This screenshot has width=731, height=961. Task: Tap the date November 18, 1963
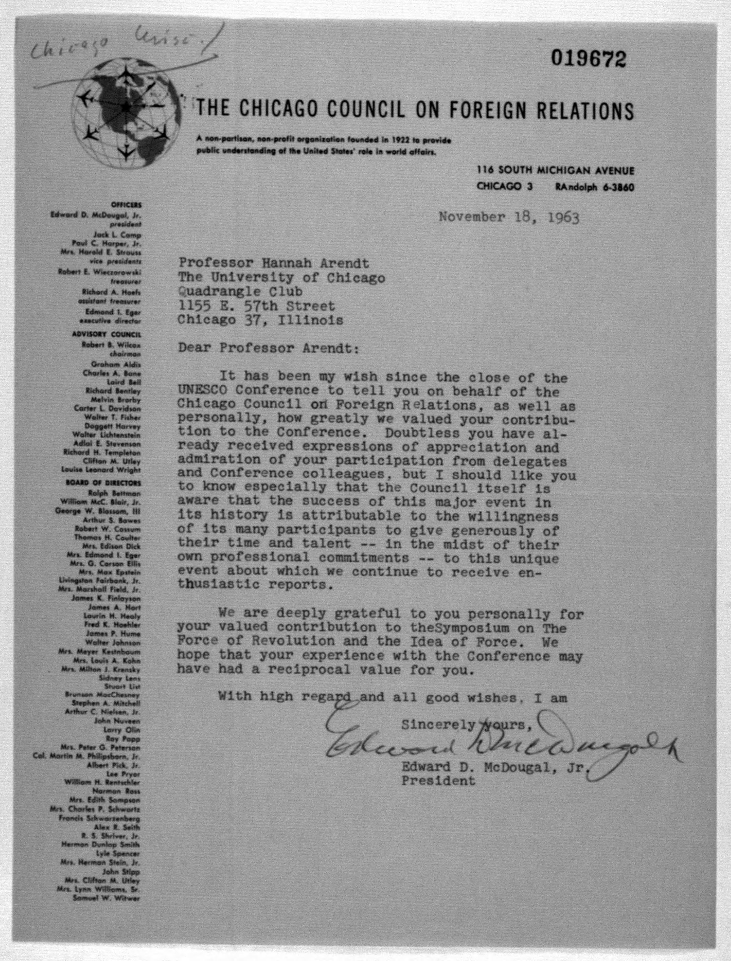click(509, 216)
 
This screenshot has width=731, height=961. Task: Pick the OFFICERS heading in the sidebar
click(126, 205)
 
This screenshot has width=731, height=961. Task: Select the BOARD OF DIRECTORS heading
click(104, 483)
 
